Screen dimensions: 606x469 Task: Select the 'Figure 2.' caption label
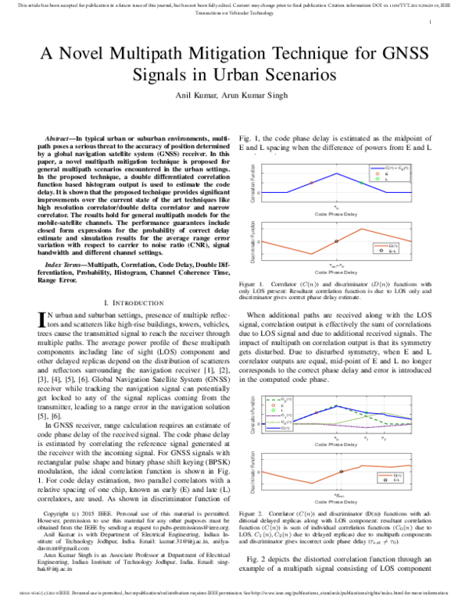click(x=252, y=515)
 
